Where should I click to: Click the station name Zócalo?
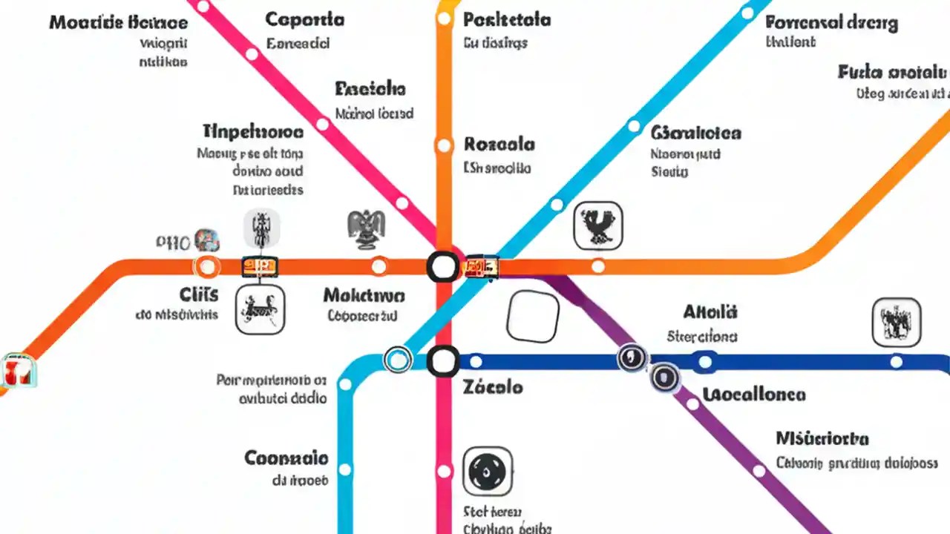click(493, 387)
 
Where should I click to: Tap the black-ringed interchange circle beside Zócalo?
click(443, 362)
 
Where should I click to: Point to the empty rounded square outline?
click(532, 316)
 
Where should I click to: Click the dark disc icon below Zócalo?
click(488, 471)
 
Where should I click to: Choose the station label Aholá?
click(710, 311)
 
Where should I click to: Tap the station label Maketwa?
click(364, 296)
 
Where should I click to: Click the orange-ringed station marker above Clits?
click(206, 266)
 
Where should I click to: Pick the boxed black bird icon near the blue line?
click(597, 225)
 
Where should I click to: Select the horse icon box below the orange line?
click(260, 309)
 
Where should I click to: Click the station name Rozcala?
click(499, 144)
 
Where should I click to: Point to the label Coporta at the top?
click(304, 19)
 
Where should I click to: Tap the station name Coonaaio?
click(286, 457)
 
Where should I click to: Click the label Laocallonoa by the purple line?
click(753, 394)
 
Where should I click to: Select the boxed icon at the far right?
click(897, 323)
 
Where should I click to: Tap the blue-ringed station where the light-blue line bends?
click(398, 360)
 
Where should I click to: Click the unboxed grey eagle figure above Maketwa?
click(367, 228)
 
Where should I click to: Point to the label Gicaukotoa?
click(696, 133)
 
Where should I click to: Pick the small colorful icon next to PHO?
click(207, 240)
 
